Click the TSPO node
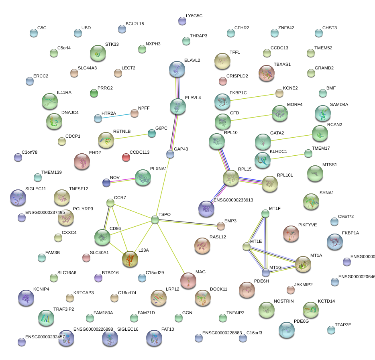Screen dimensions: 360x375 pyautogui.click(x=155, y=220)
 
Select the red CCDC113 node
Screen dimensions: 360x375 pyautogui.click(x=126, y=157)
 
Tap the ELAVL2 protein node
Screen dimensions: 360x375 pyautogui.click(x=177, y=69)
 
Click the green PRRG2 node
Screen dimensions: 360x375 pyautogui.click(x=94, y=94)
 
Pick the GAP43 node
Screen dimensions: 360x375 pyautogui.click(x=170, y=154)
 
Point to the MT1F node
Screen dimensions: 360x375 pyautogui.click(x=265, y=213)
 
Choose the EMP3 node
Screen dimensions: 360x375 pyautogui.click(x=221, y=226)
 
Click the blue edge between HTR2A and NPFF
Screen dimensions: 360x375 pyautogui.click(x=116, y=116)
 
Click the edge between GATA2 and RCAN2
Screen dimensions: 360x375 pyautogui.click(x=291, y=137)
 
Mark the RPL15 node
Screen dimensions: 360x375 pyautogui.click(x=231, y=178)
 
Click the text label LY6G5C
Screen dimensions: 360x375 pyautogui.click(x=194, y=16)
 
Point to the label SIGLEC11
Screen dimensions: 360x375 pyautogui.click(x=36, y=189)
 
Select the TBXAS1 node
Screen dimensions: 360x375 pyautogui.click(x=267, y=73)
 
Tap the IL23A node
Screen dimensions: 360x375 pyautogui.click(x=130, y=259)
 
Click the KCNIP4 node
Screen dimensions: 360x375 pyautogui.click(x=26, y=297)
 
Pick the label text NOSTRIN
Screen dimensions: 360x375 pyautogui.click(x=283, y=301)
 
